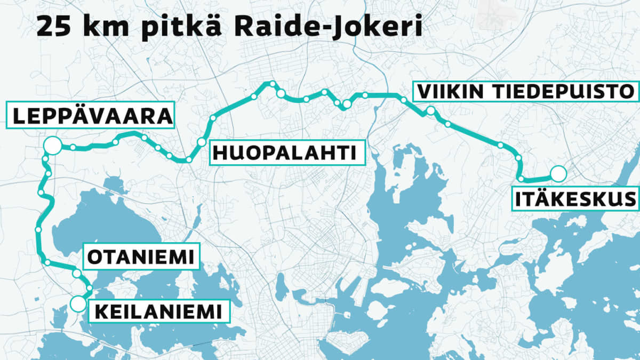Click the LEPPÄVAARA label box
91,115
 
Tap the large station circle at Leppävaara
52,145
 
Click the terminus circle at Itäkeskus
558,173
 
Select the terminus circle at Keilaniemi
78,304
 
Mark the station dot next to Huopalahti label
201,142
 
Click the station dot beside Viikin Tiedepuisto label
430,111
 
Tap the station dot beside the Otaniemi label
76,273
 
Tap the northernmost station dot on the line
273,84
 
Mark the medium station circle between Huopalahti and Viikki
347,105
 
